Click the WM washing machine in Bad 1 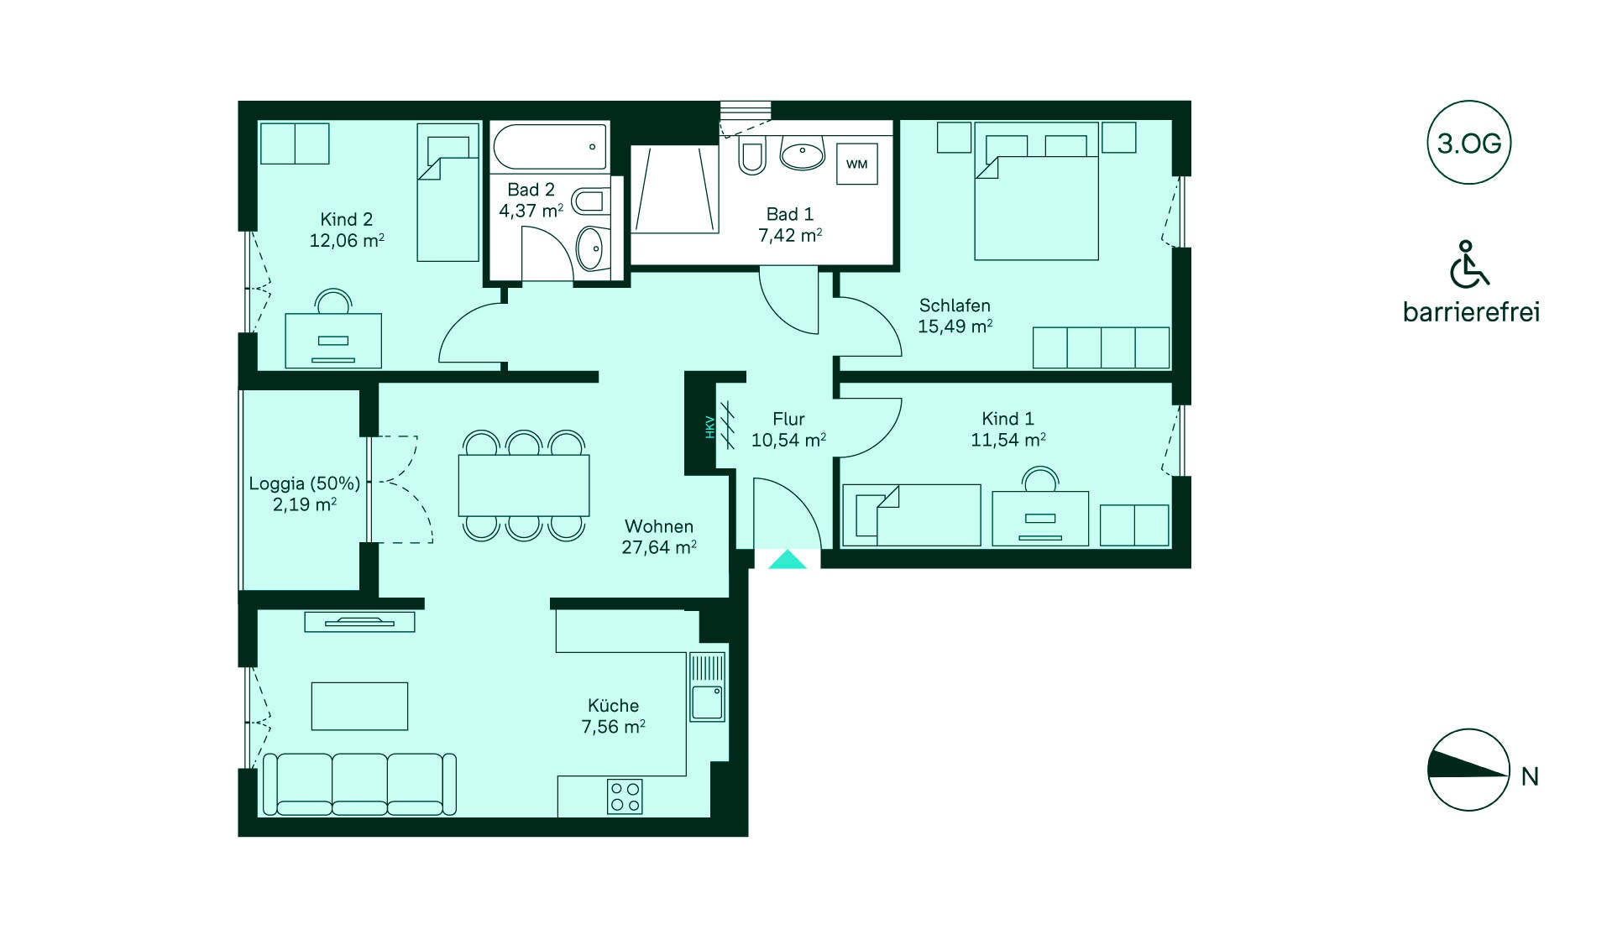pos(856,164)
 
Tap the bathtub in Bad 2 pos(550,147)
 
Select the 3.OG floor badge pos(1468,143)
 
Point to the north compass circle pos(1468,770)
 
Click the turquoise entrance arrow pos(788,559)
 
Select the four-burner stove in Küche pos(625,796)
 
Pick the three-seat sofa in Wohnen pos(360,784)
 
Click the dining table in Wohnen pos(524,485)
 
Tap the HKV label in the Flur pos(709,427)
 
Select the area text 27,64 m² pos(659,547)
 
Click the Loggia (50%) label pos(305,483)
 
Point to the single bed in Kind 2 pos(448,192)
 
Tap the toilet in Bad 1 pos(751,156)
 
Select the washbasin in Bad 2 pos(591,248)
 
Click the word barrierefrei pos(1471,312)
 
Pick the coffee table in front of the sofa pos(359,706)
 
